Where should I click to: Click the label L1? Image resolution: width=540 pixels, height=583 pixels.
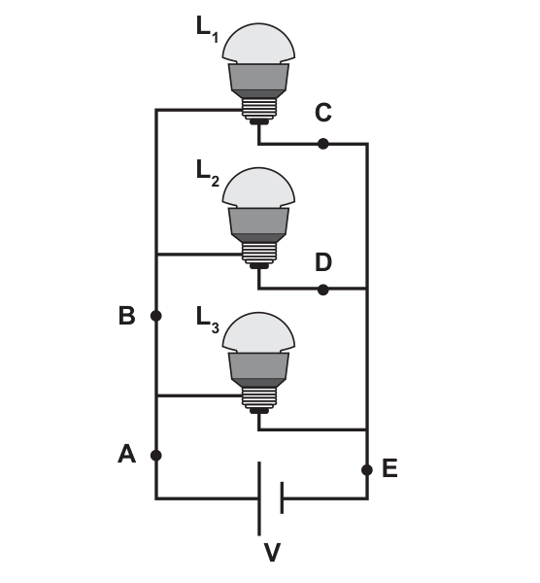pyautogui.click(x=207, y=29)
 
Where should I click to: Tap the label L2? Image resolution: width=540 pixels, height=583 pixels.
pyautogui.click(x=208, y=173)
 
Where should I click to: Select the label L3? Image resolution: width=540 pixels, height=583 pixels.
pyautogui.click(x=208, y=320)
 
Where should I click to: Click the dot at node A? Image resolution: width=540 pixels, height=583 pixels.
pyautogui.click(x=156, y=455)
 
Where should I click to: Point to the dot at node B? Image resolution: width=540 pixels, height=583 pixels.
pyautogui.click(x=156, y=316)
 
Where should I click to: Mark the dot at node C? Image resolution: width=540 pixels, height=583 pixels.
pyautogui.click(x=323, y=144)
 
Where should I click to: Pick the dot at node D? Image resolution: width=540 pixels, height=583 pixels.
pyautogui.click(x=323, y=290)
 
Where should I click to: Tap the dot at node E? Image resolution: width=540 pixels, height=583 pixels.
pyautogui.click(x=367, y=470)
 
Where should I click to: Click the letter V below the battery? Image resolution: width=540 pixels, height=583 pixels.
pyautogui.click(x=272, y=552)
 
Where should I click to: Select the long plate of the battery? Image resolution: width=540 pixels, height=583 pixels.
pyautogui.click(x=259, y=498)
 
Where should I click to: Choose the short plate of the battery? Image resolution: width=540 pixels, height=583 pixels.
pyautogui.click(x=282, y=497)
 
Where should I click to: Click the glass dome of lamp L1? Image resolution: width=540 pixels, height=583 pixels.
pyautogui.click(x=258, y=43)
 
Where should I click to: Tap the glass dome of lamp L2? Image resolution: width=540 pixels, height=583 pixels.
pyautogui.click(x=258, y=188)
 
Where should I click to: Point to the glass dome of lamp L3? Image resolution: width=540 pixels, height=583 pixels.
pyautogui.click(x=258, y=332)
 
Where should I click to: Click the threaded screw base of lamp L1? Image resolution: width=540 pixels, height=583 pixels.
pyautogui.click(x=259, y=108)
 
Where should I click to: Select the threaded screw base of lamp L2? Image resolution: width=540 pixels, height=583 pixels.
pyautogui.click(x=259, y=253)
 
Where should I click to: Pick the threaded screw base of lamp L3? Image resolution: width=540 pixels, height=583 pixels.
pyautogui.click(x=259, y=397)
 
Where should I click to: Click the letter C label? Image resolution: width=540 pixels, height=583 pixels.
pyautogui.click(x=323, y=113)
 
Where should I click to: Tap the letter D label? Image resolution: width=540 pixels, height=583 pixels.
pyautogui.click(x=323, y=262)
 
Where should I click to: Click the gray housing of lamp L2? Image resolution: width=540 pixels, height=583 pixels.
pyautogui.click(x=258, y=225)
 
